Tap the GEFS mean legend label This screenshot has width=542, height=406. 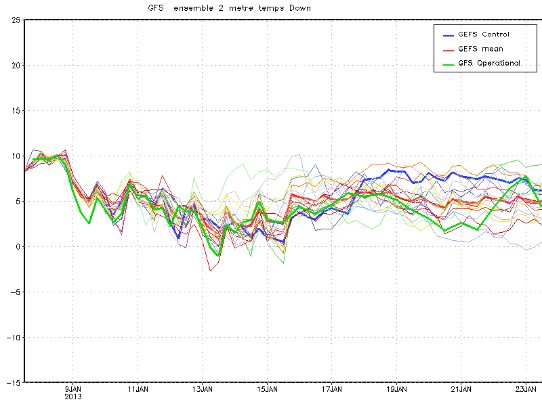tap(480, 49)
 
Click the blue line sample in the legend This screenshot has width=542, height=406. tap(448, 35)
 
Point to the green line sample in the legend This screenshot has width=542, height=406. tap(448, 64)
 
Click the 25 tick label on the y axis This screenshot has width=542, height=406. tap(14, 20)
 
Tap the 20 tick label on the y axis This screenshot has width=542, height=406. tap(14, 65)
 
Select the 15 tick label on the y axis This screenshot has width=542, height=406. tap(14, 110)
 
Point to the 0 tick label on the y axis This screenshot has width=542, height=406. tap(17, 246)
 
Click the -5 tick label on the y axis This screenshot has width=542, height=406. tap(13, 292)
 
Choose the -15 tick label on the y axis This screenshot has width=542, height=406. tap(11, 382)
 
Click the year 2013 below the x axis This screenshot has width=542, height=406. tap(73, 397)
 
